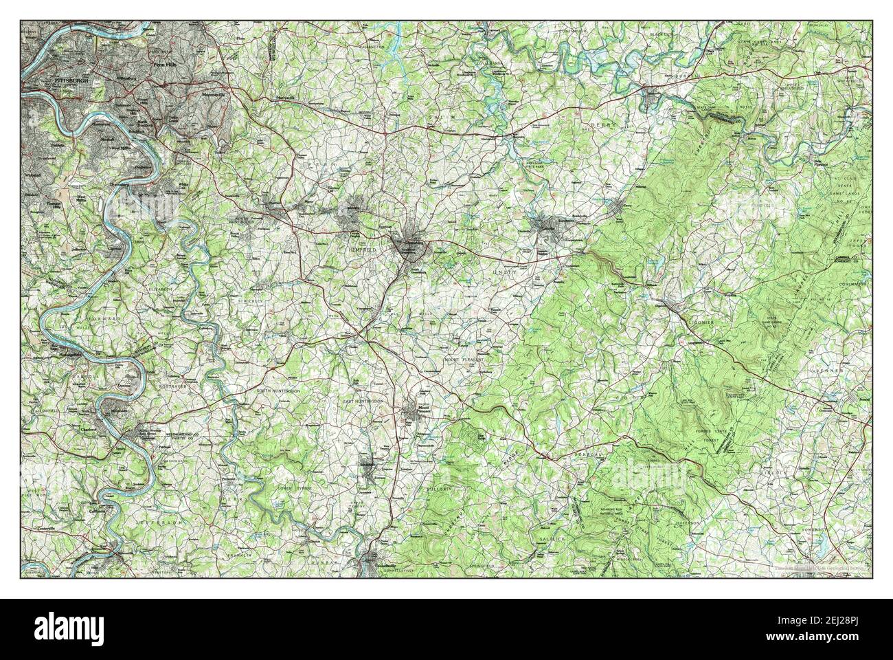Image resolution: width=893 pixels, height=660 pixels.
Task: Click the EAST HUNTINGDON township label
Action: pos(368,399)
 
